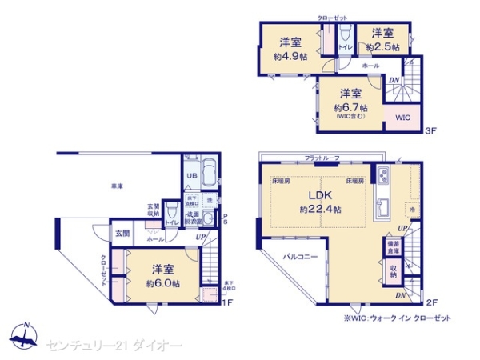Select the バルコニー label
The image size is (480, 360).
click(300, 257)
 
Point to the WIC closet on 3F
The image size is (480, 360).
click(402, 118)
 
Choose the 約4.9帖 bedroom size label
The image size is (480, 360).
click(290, 56)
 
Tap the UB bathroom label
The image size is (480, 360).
click(192, 175)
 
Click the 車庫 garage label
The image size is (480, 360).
click(117, 186)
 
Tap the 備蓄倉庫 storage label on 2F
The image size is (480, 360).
click(393, 247)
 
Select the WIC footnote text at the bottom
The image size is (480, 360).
click(397, 318)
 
